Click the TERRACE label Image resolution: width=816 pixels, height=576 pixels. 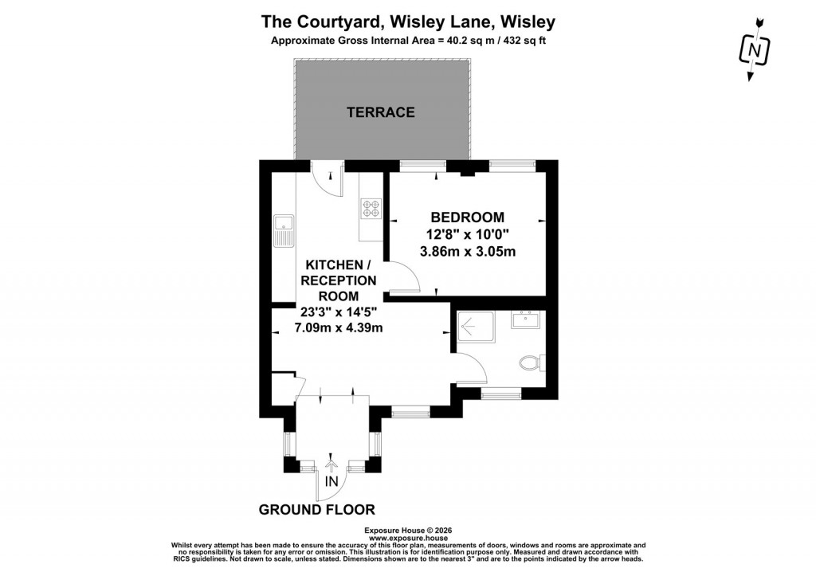pyautogui.click(x=381, y=112)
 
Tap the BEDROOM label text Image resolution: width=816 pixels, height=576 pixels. pyautogui.click(x=467, y=217)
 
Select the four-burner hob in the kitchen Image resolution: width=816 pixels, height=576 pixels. pyautogui.click(x=371, y=209)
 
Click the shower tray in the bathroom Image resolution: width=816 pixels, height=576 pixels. pyautogui.click(x=476, y=326)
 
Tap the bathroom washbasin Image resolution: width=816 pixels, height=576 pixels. pyautogui.click(x=527, y=319)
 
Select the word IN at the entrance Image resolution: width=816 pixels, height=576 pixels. pyautogui.click(x=332, y=481)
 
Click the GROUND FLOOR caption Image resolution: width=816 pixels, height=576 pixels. pyautogui.click(x=316, y=510)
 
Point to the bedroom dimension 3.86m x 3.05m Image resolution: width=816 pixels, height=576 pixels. pyautogui.click(x=468, y=253)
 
